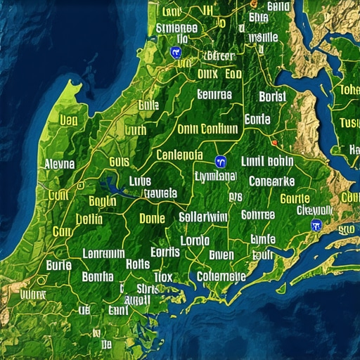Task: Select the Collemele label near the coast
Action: pos(221,276)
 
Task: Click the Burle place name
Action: pos(59,265)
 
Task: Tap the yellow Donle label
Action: pos(152,219)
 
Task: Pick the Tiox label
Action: pos(162,276)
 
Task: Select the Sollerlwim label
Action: pos(203,217)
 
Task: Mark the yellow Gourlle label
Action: pos(295,199)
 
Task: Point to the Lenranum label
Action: pos(103,253)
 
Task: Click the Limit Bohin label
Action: pos(266,161)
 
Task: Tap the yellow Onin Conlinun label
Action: pos(207,129)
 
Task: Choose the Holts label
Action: pos(138,264)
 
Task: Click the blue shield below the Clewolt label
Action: pos(315,224)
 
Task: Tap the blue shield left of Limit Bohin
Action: pos(220,162)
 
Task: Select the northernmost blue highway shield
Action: pos(175,51)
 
